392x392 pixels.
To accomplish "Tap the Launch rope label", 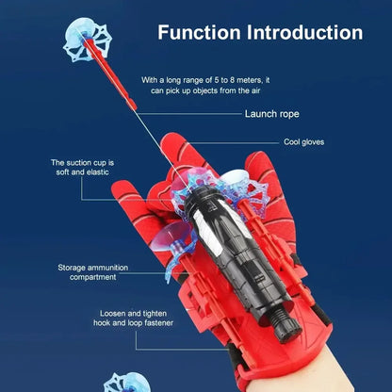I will (272, 114).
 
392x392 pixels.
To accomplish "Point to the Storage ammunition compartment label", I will (92, 272).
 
